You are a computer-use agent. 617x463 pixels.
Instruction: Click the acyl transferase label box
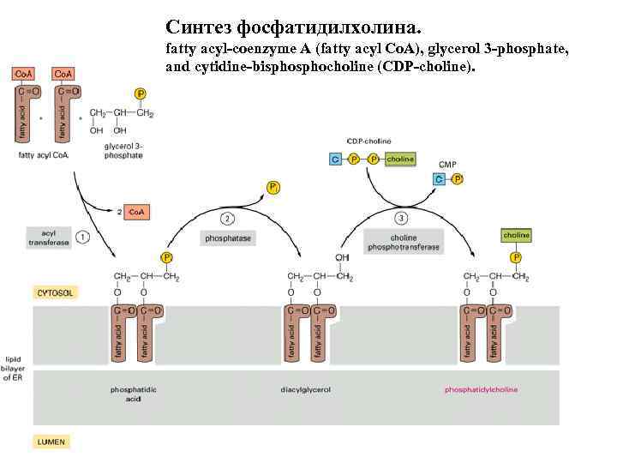point(48,237)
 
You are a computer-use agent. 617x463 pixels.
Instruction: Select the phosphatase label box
point(228,238)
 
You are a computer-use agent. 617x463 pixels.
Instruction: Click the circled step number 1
point(83,236)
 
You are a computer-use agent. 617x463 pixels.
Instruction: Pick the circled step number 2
point(227,219)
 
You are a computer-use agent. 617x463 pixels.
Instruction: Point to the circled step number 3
point(402,219)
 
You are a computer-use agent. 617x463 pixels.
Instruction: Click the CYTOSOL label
point(55,292)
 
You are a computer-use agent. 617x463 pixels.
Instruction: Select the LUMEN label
point(51,442)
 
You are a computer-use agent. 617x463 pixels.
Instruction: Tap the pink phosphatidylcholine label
point(481,389)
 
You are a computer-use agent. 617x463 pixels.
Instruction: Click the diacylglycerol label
point(305,389)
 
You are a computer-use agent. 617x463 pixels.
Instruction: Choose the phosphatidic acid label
point(133,394)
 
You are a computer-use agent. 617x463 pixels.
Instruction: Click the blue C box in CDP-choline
point(336,159)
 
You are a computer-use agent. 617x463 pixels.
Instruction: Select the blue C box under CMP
point(439,179)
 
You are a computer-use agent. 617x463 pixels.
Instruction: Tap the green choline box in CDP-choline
point(400,159)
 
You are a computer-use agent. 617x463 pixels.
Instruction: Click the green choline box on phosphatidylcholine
point(516,235)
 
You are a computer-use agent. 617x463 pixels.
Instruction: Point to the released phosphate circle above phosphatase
point(273,186)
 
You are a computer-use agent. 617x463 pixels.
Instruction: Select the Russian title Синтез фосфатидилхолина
point(294,27)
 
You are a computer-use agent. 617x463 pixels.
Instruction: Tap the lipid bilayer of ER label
point(14,367)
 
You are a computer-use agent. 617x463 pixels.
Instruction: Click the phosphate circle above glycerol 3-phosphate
point(141,93)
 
